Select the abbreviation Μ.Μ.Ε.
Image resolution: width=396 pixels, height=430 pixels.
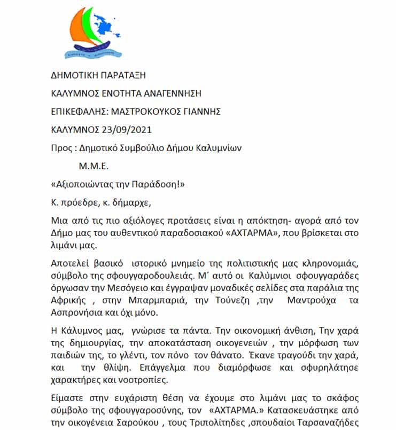(94, 166)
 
